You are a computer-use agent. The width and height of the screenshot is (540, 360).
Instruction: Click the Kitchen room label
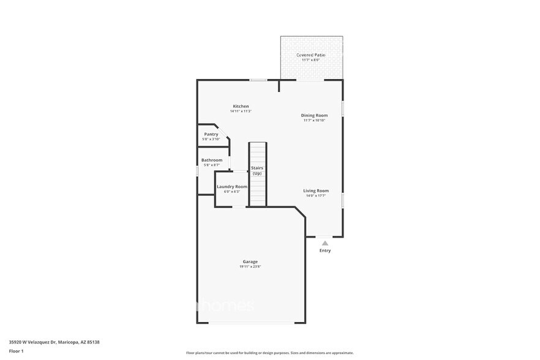pos(241,106)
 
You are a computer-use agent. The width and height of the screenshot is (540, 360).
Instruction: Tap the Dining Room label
pos(314,115)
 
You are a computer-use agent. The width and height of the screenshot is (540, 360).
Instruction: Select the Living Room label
pos(316,190)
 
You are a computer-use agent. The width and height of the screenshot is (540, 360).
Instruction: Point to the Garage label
pos(250,261)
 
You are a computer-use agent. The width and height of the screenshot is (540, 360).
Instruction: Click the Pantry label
pos(211,134)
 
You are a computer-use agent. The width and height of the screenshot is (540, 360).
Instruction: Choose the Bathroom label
pos(212,160)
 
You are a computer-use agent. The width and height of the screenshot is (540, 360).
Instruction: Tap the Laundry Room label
pos(232,186)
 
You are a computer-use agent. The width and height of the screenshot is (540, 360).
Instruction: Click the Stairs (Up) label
pos(257,170)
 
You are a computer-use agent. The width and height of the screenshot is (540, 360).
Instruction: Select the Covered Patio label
pos(311,55)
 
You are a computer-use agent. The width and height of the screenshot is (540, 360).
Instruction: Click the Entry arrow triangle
pos(325,243)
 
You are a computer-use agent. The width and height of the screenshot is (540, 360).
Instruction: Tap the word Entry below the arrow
pos(325,250)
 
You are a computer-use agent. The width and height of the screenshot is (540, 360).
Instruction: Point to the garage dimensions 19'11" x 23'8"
pos(250,267)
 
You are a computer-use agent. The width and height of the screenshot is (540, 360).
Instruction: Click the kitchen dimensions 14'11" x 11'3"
pos(241,111)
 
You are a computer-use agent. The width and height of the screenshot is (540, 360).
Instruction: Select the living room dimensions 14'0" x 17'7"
pos(316,196)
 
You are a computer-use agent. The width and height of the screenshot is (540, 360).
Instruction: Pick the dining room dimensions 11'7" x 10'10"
pos(314,121)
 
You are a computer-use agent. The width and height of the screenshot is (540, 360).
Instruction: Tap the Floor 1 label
pos(16,351)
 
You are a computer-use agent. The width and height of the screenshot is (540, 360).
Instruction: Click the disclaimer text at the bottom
pos(269,353)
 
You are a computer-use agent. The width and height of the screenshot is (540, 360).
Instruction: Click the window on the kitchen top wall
pos(258,80)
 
